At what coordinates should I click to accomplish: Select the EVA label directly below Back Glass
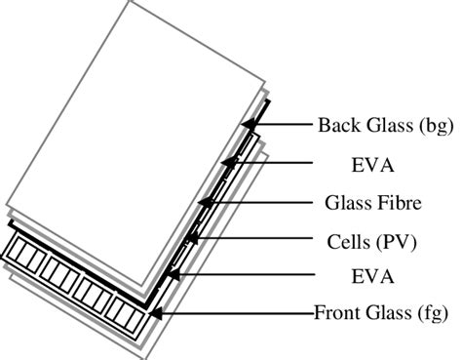(x=372, y=163)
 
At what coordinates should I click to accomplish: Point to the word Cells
(x=349, y=239)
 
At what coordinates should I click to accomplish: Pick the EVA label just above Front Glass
(x=372, y=277)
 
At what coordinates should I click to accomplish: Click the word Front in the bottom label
(x=335, y=314)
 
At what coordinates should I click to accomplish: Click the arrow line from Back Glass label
(x=283, y=124)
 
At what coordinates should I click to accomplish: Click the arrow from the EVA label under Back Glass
(x=273, y=163)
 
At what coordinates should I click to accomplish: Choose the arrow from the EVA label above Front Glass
(x=244, y=277)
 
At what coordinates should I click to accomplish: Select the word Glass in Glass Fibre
(x=345, y=203)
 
